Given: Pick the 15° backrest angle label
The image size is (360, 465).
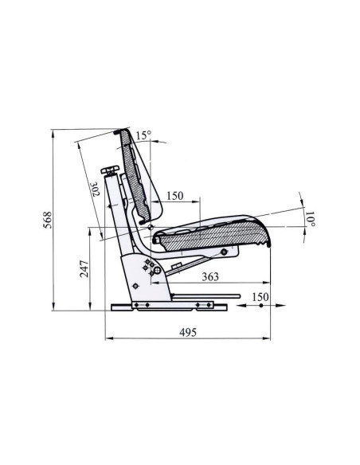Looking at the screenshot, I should (143, 135).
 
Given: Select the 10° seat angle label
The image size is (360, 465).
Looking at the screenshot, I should (311, 216).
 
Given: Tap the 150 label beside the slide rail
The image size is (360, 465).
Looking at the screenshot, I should (258, 297).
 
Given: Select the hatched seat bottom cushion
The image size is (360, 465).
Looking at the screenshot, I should (211, 234).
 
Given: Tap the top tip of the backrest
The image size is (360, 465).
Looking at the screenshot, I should (119, 131).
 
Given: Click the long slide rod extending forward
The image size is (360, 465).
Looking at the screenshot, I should (207, 298).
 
